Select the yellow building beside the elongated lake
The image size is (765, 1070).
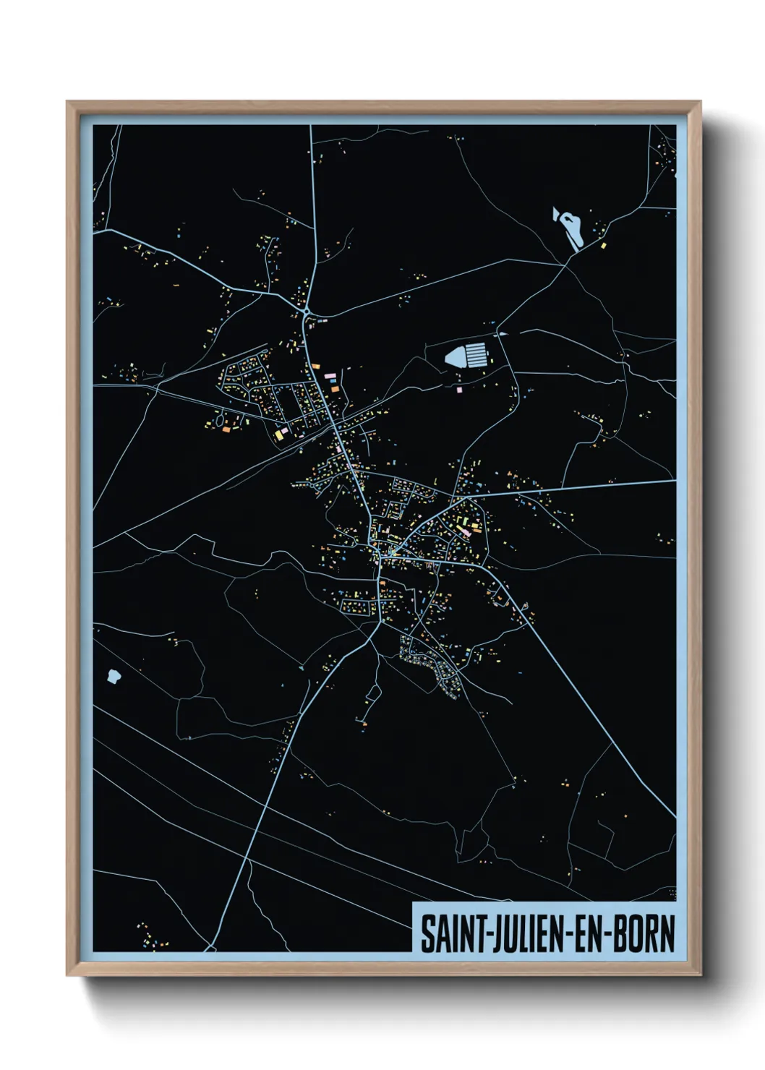603,246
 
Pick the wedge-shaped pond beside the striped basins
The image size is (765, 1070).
454,356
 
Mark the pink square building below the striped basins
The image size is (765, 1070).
460,390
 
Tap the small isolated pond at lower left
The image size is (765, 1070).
112,676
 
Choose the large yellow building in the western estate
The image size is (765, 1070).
278,435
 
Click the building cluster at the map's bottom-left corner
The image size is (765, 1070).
153,937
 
